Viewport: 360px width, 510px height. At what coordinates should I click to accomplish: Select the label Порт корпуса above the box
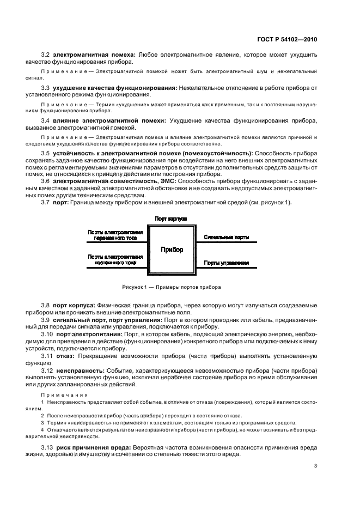point(171,218)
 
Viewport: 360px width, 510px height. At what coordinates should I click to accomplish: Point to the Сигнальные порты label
point(227,238)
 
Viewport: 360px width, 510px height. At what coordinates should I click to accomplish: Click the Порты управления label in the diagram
point(227,263)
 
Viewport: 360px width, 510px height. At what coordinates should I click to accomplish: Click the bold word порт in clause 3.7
point(60,203)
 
